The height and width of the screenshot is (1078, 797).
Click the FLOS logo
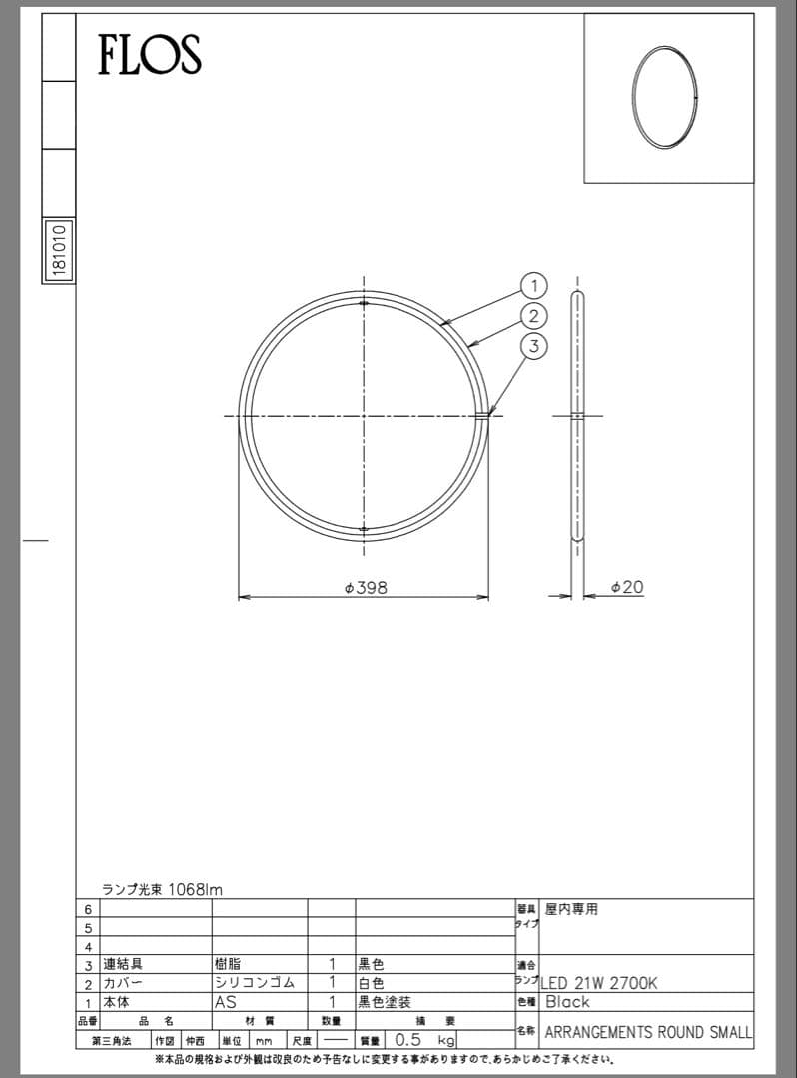149,54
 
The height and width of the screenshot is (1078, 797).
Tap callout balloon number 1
534,286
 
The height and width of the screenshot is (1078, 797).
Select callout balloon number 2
534,316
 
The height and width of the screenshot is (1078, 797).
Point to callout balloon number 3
534,346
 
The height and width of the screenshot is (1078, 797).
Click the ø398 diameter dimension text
365,588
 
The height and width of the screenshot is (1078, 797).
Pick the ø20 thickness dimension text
626,588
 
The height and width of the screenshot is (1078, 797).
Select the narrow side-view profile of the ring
577,415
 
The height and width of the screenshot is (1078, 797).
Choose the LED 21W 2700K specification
599,983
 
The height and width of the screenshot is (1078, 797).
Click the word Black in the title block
567,1002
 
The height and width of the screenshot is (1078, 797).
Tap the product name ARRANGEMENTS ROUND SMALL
648,1031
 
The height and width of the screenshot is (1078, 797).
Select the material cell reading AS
225,1001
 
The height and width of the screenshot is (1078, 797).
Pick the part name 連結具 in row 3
123,964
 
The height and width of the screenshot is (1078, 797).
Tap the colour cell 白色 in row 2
371,983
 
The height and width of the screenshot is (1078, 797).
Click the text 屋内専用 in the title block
571,909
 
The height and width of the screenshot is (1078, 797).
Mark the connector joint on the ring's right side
483,415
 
